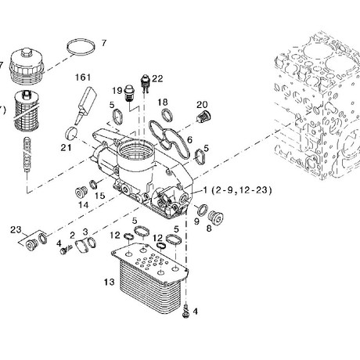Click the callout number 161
(83, 77)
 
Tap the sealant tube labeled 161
(85, 105)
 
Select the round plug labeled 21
(70, 133)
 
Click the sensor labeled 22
(145, 84)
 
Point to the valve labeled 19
(129, 93)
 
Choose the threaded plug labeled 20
(203, 117)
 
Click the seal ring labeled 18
(167, 115)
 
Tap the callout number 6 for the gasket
(189, 140)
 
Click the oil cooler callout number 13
(109, 282)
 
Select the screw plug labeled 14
(81, 193)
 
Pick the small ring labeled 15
(94, 185)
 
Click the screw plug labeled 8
(216, 217)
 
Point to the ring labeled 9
(202, 211)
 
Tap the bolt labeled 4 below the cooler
(185, 311)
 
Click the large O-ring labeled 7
(81, 47)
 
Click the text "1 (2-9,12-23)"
(237, 190)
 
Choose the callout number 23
(16, 230)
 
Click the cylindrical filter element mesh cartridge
(27, 110)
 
